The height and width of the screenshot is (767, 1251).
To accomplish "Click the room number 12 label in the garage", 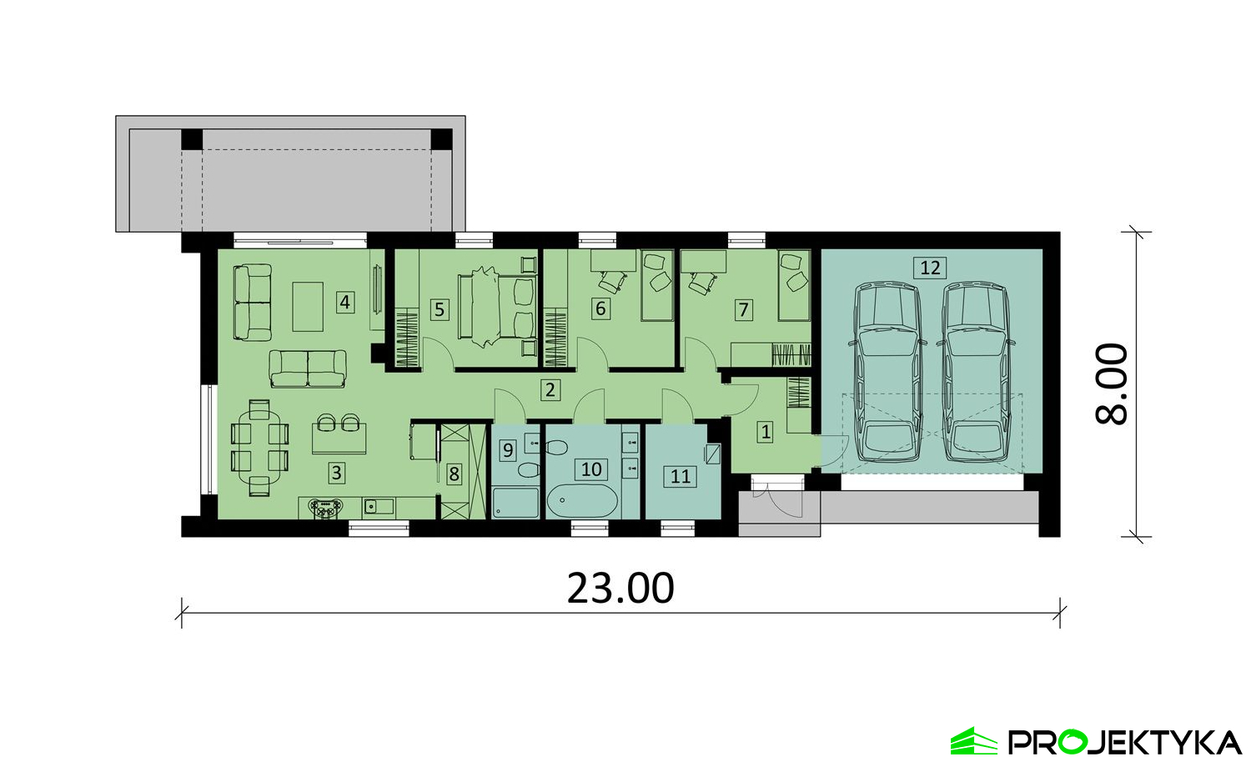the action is (x=930, y=268).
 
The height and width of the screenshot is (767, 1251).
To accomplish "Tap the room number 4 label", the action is (x=345, y=303).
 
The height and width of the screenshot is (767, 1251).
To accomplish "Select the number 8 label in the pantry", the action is (x=454, y=474).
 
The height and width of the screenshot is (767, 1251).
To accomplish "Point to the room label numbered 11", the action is (x=681, y=476).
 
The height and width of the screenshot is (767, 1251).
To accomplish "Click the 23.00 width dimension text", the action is (x=620, y=589).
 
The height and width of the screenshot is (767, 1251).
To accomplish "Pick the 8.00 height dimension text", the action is (x=1112, y=384).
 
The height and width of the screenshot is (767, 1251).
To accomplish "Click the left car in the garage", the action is (x=887, y=373).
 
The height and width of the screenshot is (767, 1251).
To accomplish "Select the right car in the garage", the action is (x=977, y=373).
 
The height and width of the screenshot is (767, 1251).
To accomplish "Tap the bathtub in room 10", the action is (x=582, y=500).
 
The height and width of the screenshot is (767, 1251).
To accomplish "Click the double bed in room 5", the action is (x=497, y=307).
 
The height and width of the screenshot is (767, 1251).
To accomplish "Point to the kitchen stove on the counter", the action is (x=326, y=508).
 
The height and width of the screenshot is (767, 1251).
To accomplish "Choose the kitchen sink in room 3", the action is (x=379, y=506).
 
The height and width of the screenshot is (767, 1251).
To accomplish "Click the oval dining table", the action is (x=259, y=447).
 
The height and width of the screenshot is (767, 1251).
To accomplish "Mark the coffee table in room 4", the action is (x=308, y=307).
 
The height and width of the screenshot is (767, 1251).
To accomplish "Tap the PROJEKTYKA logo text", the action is (x=1124, y=743).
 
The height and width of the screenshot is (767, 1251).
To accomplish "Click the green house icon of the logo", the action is (x=973, y=741).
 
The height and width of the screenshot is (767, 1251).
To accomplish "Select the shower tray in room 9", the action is (x=515, y=504).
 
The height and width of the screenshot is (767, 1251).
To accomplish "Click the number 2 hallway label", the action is (x=550, y=389).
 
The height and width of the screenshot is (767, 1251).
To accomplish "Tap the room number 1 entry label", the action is (x=766, y=432).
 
